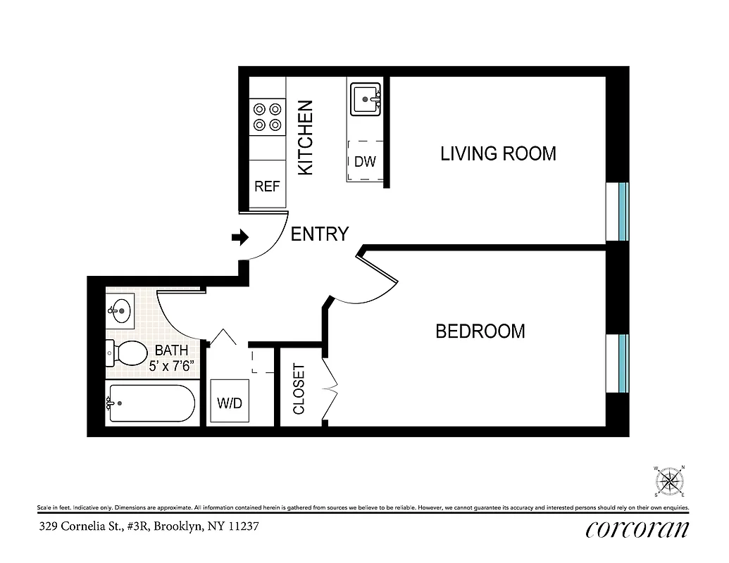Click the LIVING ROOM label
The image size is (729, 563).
(x=498, y=153)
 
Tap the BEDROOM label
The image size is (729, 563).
(x=480, y=331)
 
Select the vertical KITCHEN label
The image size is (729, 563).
(x=305, y=138)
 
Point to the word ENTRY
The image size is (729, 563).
(x=320, y=234)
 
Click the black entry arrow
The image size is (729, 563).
(x=240, y=238)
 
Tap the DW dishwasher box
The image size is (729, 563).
(x=365, y=161)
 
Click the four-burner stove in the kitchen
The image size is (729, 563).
(x=267, y=117)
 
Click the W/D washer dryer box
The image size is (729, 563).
(x=230, y=403)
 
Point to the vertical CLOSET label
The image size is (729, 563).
(x=299, y=388)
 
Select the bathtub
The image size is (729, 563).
(x=149, y=403)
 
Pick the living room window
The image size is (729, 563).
(x=622, y=212)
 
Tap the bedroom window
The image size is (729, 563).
(x=622, y=363)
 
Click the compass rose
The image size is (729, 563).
(x=670, y=482)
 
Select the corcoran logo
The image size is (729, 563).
(x=636, y=529)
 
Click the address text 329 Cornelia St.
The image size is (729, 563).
(x=142, y=526)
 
